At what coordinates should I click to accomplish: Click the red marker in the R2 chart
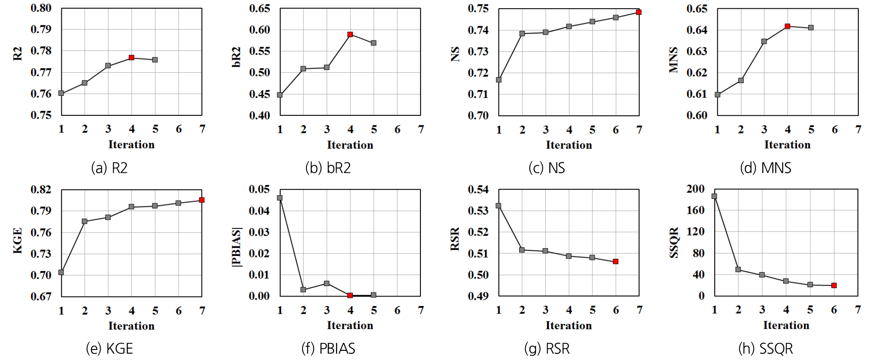pos(131,58)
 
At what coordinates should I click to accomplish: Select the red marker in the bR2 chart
pos(350,34)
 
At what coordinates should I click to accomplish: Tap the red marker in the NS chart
pos(639,12)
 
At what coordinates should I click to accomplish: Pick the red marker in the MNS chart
pos(787,27)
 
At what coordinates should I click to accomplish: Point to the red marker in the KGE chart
pos(202,200)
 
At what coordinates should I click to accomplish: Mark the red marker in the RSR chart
pos(616,262)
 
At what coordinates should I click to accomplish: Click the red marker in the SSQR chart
pos(834,286)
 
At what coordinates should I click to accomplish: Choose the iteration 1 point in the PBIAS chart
pos(280,198)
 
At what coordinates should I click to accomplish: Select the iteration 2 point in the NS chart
pos(522,34)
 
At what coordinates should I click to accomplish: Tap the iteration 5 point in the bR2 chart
pos(374,43)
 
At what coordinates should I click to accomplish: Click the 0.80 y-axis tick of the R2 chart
pos(41,8)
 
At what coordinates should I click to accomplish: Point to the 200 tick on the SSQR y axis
pos(696,189)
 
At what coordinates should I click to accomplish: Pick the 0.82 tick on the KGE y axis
pos(41,189)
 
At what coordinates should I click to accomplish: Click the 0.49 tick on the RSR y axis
pos(478,296)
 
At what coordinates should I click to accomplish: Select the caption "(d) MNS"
pos(766,168)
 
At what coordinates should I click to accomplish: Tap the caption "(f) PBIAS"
pos(328,349)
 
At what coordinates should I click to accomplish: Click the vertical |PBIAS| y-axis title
pos(236,246)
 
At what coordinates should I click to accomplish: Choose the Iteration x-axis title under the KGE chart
pos(131,326)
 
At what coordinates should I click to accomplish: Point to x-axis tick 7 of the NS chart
pos(639,130)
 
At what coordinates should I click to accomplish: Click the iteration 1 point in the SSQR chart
pos(714,196)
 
